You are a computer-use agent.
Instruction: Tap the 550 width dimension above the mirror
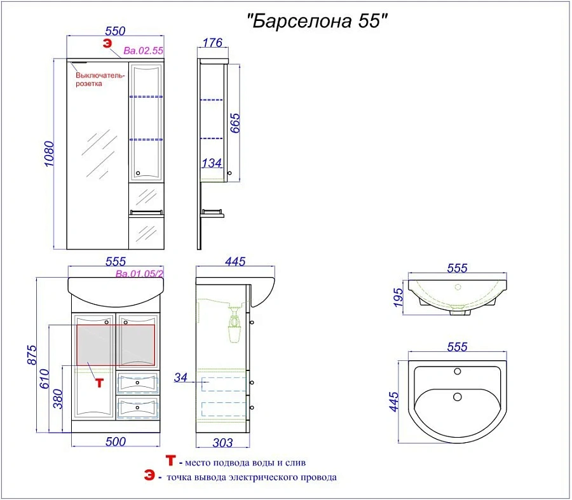(x=115, y=30)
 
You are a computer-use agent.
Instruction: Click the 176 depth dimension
(x=213, y=43)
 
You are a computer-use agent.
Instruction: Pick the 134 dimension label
(x=212, y=164)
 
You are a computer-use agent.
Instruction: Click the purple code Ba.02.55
(x=144, y=50)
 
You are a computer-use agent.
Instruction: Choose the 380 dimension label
(x=58, y=398)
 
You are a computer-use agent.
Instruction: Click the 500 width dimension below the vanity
(x=115, y=442)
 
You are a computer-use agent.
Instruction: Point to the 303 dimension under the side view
(x=221, y=442)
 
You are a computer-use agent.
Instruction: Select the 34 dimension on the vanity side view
(x=181, y=379)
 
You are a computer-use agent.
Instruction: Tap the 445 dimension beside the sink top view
(x=393, y=401)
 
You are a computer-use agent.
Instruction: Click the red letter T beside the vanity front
(x=98, y=383)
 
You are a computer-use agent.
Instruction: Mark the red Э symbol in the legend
(x=149, y=476)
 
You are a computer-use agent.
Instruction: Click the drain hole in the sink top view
(x=457, y=397)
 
